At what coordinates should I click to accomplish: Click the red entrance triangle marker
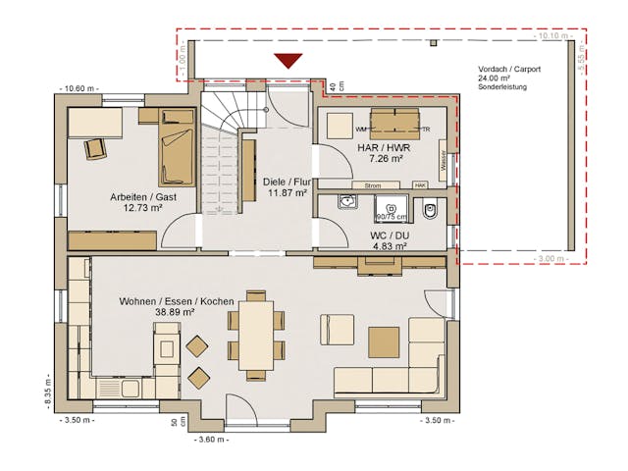pos(288,61)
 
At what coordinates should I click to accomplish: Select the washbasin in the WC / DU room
pos(347,202)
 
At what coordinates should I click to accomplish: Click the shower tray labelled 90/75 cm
pos(391,211)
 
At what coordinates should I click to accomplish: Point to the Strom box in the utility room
pos(373,184)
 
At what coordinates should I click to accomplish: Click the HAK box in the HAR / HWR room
pos(420,184)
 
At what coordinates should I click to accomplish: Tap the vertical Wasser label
pos(444,159)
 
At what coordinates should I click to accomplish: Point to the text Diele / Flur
pos(287,182)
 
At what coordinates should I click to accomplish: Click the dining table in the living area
pos(256,335)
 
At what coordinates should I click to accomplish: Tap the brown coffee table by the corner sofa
pos(384,341)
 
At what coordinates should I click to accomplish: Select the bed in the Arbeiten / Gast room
pos(177,153)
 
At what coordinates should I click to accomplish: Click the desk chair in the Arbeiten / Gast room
pos(96,147)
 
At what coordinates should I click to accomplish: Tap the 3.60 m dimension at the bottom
pos(212,439)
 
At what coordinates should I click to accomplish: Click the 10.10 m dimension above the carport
pos(551,35)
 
